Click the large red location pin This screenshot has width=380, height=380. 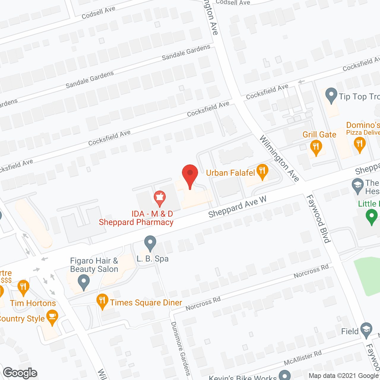190,175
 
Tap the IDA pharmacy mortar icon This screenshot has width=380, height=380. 160,198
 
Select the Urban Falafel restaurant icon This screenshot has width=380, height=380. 262,171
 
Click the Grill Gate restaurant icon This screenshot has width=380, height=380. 316,147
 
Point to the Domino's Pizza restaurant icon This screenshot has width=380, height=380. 360,145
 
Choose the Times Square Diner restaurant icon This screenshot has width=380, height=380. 102,301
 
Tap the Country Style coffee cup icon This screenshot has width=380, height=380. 52,317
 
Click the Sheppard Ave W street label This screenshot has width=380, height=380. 237,207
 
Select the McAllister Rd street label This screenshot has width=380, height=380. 303,358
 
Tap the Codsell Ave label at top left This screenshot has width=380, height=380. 98,13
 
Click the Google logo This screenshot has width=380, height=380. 20,373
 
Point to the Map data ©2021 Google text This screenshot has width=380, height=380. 343,376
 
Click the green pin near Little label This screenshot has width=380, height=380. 371,216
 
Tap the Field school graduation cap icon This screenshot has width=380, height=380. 366,330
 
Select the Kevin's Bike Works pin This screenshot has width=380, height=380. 285,375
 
